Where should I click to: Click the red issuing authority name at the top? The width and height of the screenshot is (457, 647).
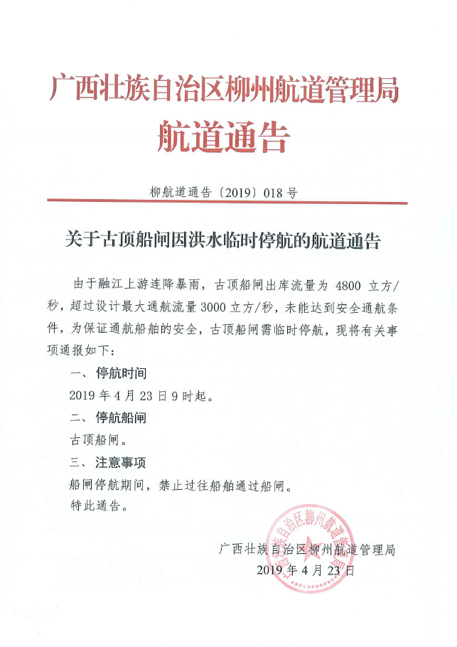pyautogui.click(x=225, y=90)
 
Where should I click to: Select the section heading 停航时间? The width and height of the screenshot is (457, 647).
pyautogui.click(x=122, y=373)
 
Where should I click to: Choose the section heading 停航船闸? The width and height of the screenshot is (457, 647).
pyautogui.click(x=122, y=419)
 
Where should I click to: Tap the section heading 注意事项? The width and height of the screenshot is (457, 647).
pyautogui.click(x=122, y=463)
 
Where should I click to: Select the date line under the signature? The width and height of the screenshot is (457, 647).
pyautogui.click(x=305, y=570)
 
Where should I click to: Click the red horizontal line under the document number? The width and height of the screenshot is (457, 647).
pyautogui.click(x=228, y=203)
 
